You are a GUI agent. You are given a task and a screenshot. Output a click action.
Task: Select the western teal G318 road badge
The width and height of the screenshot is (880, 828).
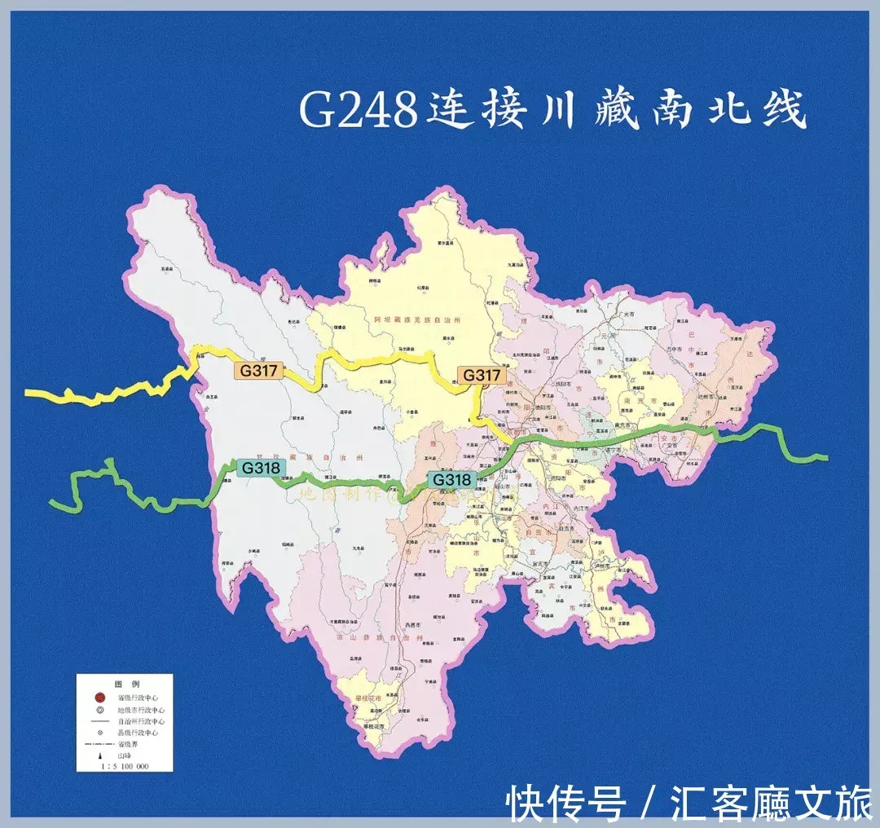pyautogui.click(x=260, y=468)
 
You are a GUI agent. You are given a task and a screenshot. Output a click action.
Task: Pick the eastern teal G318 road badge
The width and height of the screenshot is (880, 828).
pyautogui.click(x=451, y=480)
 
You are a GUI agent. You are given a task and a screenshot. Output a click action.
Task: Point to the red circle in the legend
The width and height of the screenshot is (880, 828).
pyautogui.click(x=99, y=698)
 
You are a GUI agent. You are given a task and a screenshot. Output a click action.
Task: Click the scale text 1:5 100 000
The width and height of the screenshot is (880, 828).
pyautogui.click(x=124, y=767)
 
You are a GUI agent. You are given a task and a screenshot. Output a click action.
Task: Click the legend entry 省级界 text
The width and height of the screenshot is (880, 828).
pyautogui.click(x=129, y=745)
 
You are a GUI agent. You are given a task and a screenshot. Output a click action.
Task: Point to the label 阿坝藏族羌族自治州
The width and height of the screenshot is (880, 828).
pyautogui.click(x=417, y=321)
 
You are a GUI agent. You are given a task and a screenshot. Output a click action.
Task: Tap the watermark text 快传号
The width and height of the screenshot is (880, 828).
pyautogui.click(x=566, y=804)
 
